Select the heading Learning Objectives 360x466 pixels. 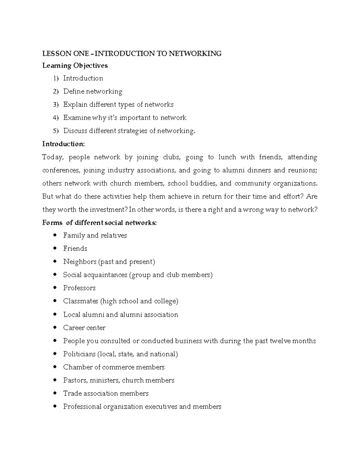pyautogui.click(x=75, y=65)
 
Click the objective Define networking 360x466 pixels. pyautogui.click(x=93, y=91)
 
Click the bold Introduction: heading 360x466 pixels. pyautogui.click(x=64, y=144)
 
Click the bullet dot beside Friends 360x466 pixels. pyautogui.click(x=55, y=248)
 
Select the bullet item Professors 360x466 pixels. pyautogui.click(x=79, y=288)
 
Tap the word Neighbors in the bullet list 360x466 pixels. pyautogui.click(x=79, y=262)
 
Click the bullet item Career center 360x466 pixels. pyautogui.click(x=84, y=328)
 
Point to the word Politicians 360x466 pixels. pyautogui.click(x=79, y=354)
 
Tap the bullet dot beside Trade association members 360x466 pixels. pyautogui.click(x=55, y=393)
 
